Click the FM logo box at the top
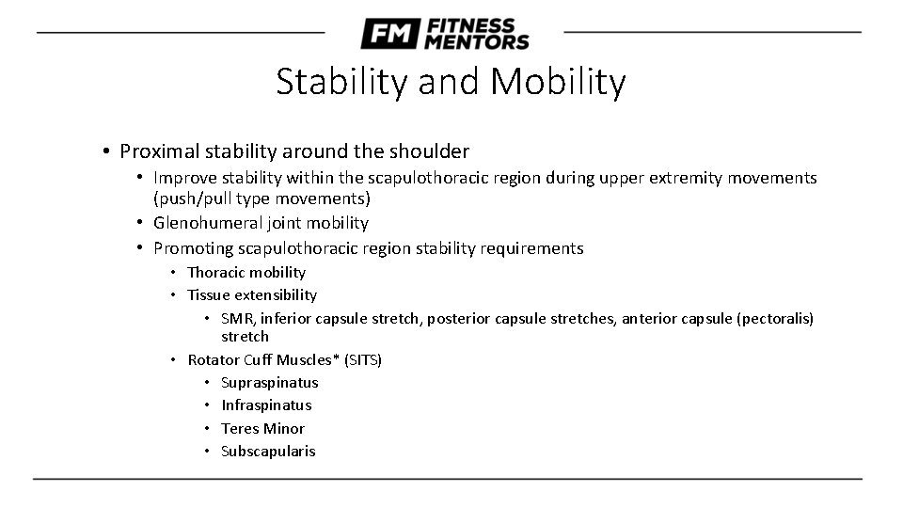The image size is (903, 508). tap(389, 34)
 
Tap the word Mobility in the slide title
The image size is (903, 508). tap(558, 83)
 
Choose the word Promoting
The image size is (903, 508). tap(195, 248)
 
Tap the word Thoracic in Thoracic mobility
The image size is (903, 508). tap(216, 272)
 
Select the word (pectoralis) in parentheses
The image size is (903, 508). tap(767, 319)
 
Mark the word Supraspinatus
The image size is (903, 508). tap(269, 382)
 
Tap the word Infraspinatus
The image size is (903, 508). tap(266, 405)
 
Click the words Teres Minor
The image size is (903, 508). tap(262, 428)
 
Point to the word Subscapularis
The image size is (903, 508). tap(268, 451)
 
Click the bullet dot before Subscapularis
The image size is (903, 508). tap(206, 451)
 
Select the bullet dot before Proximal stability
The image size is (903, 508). tap(109, 151)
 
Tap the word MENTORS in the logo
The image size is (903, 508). tap(477, 41)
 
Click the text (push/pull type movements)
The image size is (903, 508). tap(261, 198)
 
